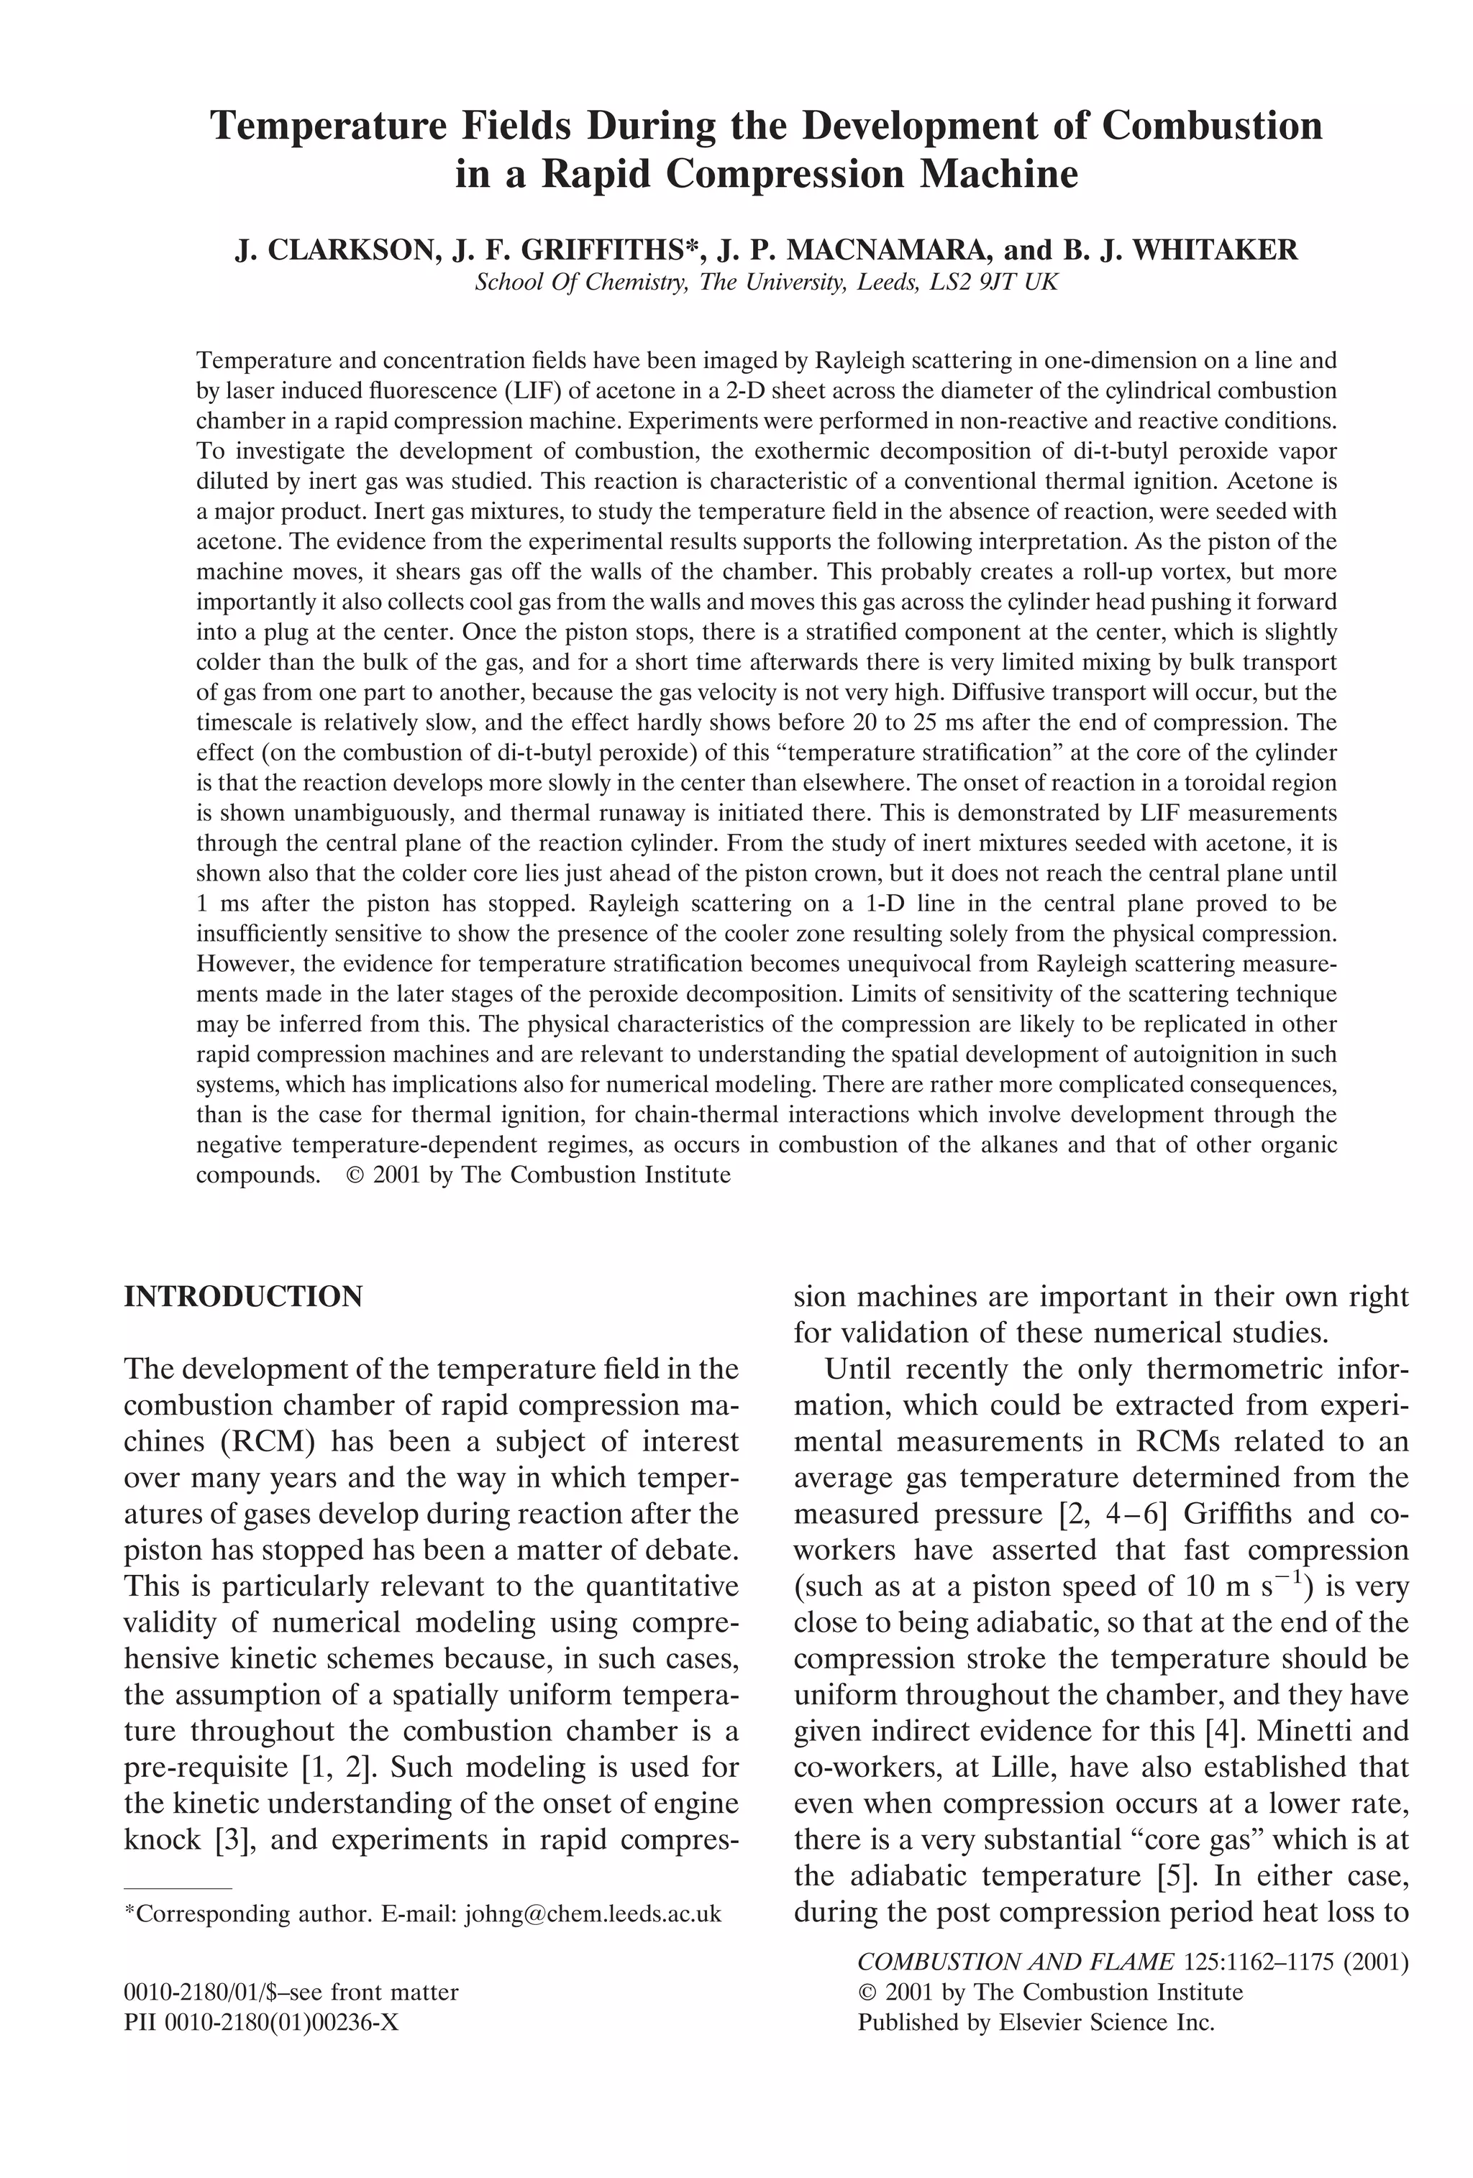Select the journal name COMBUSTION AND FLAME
[1016, 1962]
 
